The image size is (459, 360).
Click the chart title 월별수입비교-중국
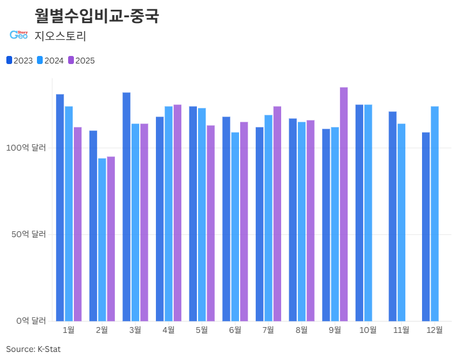pos(97,16)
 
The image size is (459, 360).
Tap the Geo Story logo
pos(18,35)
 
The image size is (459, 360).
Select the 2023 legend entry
pos(20,61)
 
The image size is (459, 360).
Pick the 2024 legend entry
pos(50,61)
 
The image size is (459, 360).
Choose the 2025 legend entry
pos(81,61)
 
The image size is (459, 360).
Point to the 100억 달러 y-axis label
pos(26,148)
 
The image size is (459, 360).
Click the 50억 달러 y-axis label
pos(29,234)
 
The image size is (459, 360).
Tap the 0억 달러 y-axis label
pos(31,321)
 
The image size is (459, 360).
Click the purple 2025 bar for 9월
pos(344,204)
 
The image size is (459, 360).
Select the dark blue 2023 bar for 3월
pos(126,207)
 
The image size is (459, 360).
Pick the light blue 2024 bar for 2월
pos(102,240)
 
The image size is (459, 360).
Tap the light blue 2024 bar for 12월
pos(435,214)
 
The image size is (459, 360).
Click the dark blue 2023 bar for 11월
pos(393,216)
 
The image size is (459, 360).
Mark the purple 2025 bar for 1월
pos(77,224)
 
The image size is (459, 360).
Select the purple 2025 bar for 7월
pos(277,214)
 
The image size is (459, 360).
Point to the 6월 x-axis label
pos(235,330)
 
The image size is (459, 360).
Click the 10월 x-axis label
pos(368,330)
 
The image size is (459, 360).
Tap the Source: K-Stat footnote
pos(33,349)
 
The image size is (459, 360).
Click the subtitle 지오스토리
pos(60,36)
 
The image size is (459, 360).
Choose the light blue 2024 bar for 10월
pos(368,213)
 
